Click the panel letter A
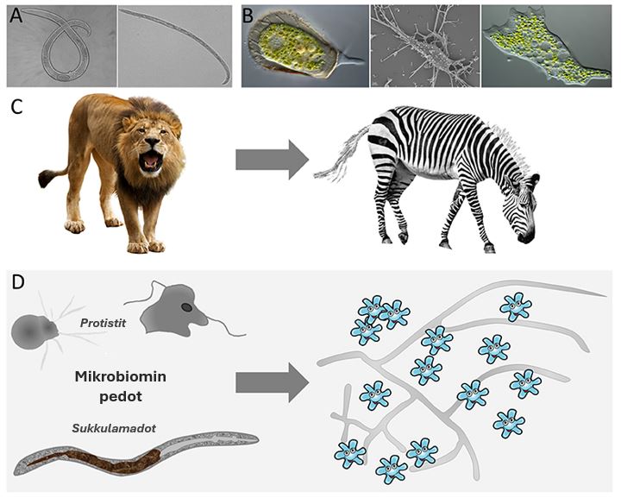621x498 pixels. click(x=16, y=16)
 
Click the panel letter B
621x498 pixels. click(x=248, y=16)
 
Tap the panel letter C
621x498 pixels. click(x=16, y=107)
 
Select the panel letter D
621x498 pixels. click(x=18, y=281)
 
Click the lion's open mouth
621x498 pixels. click(x=151, y=160)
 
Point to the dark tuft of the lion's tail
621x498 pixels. click(x=46, y=179)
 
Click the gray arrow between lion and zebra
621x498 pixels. click(x=272, y=160)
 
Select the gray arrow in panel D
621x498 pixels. click(x=272, y=382)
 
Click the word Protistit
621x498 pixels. click(x=103, y=323)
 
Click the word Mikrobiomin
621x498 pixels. click(x=121, y=376)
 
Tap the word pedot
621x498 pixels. click(x=121, y=396)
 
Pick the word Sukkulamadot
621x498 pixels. click(x=114, y=428)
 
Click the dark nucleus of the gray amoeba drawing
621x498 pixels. click(x=186, y=306)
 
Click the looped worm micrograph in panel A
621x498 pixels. click(x=62, y=46)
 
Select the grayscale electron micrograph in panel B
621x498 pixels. click(x=425, y=46)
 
